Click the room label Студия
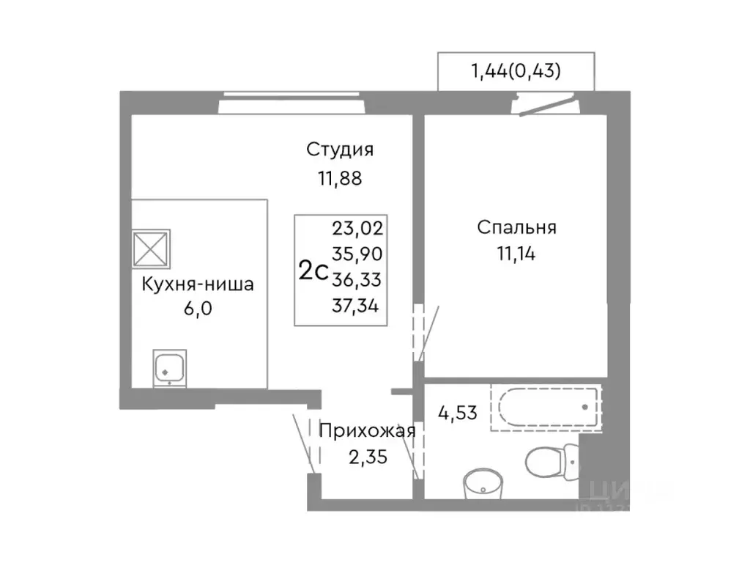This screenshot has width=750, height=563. tap(340, 150)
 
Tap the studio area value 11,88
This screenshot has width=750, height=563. tap(340, 178)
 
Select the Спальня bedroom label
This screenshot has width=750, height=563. tap(516, 227)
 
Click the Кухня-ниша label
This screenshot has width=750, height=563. tap(198, 284)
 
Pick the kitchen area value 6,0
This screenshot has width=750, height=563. tap(198, 309)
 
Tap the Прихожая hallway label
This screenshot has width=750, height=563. tap(368, 431)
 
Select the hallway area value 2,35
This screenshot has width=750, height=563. tap(368, 458)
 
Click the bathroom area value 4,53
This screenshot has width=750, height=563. tap(458, 411)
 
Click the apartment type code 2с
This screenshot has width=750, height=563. tap(313, 271)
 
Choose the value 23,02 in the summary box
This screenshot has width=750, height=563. tap(358, 227)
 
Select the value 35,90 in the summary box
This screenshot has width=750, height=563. tap(358, 254)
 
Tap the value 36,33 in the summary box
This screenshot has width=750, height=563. tap(358, 280)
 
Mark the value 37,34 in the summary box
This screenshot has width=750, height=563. tap(358, 306)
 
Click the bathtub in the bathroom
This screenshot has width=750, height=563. tap(545, 407)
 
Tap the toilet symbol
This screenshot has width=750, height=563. tap(546, 461)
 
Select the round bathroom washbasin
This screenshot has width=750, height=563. tap(483, 482)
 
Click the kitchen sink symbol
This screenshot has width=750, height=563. tap(169, 368)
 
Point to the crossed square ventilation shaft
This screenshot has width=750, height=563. tap(151, 249)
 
